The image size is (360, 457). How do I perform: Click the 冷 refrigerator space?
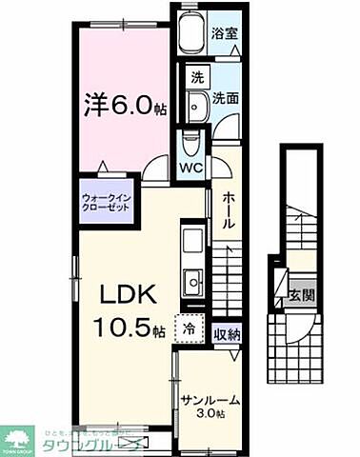[x=190, y=329]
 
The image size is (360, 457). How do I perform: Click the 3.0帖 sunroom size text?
[x=211, y=415]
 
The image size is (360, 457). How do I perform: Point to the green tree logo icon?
[x=19, y=439]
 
